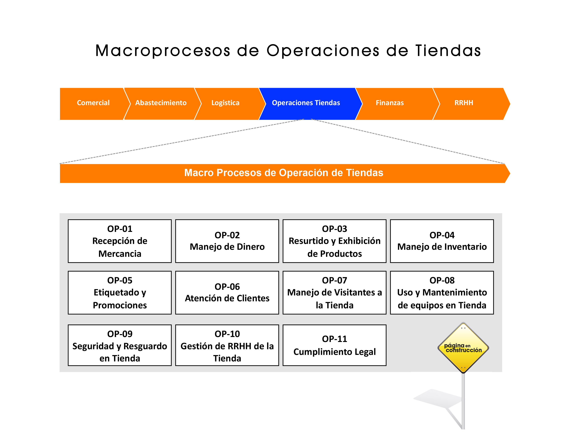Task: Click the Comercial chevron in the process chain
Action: [93, 104]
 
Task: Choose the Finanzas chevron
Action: [397, 104]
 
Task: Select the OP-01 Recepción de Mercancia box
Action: [120, 241]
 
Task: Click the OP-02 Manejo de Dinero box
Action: [227, 241]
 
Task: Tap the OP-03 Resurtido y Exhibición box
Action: [334, 241]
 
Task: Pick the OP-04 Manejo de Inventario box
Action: [442, 241]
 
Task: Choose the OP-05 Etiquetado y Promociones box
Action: [120, 293]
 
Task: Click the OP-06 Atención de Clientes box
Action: [227, 293]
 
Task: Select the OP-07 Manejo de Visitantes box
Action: [334, 293]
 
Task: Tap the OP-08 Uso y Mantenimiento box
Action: [442, 293]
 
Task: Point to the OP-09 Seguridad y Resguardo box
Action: [120, 345]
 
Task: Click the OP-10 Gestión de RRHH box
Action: [227, 345]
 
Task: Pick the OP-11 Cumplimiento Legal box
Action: [334, 345]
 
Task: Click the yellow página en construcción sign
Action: [463, 348]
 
